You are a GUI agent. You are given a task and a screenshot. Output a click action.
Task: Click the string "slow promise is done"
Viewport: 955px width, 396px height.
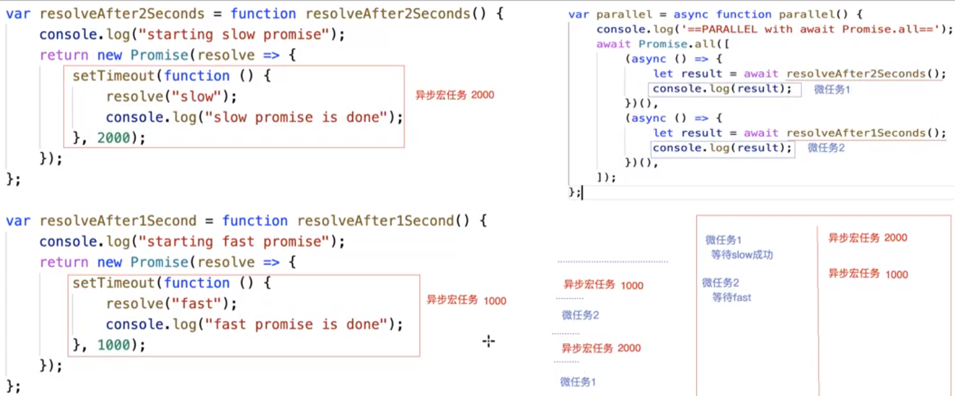tap(295, 117)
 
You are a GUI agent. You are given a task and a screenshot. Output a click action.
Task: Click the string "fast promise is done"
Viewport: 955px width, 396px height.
tap(295, 325)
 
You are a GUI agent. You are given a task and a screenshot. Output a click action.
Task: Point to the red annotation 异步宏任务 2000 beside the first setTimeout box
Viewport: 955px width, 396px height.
tap(455, 95)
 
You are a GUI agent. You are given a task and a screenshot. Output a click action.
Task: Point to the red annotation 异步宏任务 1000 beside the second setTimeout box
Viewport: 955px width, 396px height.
tap(466, 301)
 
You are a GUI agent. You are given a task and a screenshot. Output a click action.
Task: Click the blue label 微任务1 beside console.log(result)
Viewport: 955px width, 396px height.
tap(832, 89)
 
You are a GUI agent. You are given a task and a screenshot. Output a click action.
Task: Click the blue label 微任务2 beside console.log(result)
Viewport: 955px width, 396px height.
tap(826, 148)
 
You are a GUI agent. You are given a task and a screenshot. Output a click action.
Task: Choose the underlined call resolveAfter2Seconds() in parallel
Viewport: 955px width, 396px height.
tap(866, 74)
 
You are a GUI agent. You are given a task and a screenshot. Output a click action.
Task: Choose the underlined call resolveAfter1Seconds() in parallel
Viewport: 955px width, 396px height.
tap(866, 133)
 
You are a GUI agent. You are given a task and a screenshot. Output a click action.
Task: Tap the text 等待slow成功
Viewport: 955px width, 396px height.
tap(742, 255)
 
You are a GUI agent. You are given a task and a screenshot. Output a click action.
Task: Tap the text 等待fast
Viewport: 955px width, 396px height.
tap(732, 297)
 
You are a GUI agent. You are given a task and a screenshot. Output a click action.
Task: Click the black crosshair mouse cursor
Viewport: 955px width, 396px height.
tap(488, 342)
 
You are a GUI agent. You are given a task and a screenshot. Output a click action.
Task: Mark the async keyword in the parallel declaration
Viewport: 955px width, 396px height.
tap(694, 14)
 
